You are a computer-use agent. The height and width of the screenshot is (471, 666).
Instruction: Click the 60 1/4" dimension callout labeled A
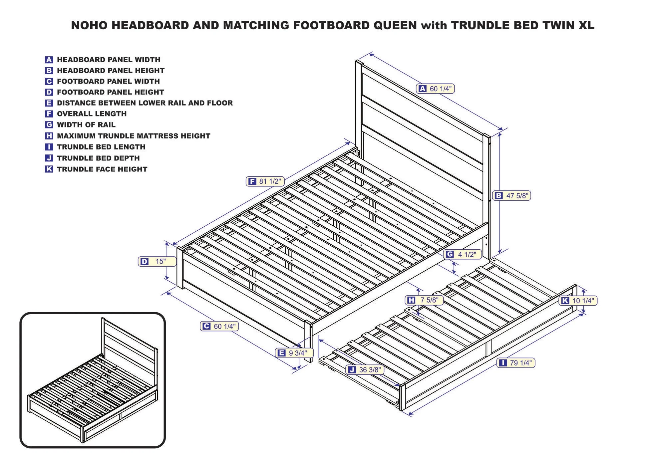(435, 89)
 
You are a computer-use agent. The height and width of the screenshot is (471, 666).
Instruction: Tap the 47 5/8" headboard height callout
(512, 196)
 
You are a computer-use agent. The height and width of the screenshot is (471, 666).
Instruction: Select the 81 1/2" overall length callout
(265, 181)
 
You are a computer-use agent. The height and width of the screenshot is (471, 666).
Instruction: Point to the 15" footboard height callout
(157, 261)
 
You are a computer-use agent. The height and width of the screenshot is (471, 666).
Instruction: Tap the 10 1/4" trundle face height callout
(578, 301)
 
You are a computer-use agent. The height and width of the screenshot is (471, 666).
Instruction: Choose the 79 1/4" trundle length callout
(516, 363)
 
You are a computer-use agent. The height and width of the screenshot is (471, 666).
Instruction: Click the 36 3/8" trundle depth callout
(365, 370)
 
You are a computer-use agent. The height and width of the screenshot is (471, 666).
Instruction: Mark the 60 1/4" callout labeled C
(219, 326)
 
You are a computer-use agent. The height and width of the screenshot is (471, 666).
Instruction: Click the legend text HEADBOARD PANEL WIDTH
(109, 60)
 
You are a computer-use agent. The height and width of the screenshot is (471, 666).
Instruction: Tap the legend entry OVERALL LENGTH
(92, 114)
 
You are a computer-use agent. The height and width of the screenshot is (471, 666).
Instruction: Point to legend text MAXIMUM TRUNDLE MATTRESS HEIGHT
(134, 136)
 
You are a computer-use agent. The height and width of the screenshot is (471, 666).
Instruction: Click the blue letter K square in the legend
(49, 169)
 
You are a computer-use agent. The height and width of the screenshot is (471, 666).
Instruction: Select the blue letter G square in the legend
(49, 125)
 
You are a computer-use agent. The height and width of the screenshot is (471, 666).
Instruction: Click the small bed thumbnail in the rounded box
(93, 380)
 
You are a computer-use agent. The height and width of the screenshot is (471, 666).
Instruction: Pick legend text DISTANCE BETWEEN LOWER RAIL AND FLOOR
(145, 103)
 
